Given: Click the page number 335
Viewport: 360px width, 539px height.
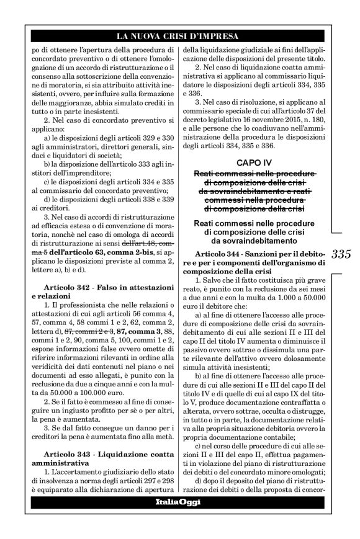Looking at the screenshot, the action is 341,253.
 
